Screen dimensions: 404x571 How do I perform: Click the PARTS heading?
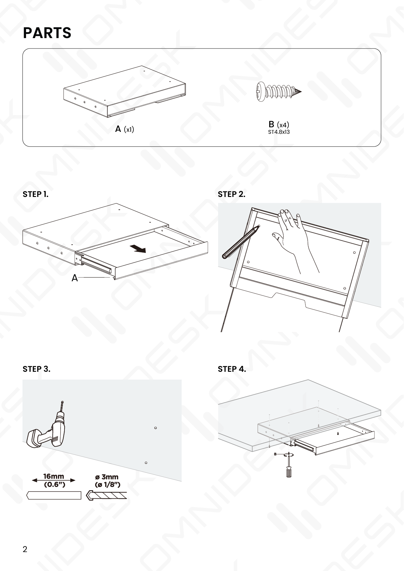(x=47, y=33)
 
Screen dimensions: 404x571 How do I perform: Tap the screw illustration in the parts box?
(x=278, y=91)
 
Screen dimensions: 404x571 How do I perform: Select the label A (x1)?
(x=125, y=129)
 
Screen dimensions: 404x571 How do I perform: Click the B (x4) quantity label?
(x=279, y=124)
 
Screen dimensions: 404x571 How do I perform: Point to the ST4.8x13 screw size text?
(x=279, y=132)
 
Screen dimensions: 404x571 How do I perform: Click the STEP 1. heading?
(x=35, y=194)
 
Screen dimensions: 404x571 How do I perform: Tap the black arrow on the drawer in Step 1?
(x=138, y=249)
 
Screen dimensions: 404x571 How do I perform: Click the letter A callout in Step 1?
(x=75, y=278)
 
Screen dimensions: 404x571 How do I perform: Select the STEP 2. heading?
(x=231, y=194)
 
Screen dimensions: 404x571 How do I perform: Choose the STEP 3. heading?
(x=36, y=369)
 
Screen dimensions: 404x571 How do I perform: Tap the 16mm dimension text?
(x=54, y=477)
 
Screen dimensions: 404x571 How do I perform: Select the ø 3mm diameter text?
(x=107, y=477)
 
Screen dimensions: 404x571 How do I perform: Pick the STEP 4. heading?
(x=232, y=369)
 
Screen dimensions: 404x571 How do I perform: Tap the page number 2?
(x=25, y=549)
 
